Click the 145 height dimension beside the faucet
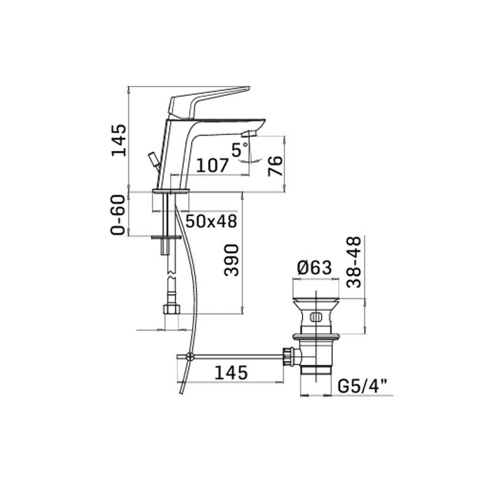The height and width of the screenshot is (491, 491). point(119,141)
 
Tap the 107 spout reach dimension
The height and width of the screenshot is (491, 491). point(212,165)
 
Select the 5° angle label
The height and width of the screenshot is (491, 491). point(239,149)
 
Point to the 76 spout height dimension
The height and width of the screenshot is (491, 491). point(275,166)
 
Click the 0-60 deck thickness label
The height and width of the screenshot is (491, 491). point(118,215)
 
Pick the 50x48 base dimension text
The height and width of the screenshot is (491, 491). point(211,221)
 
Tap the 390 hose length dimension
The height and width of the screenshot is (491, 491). point(231,260)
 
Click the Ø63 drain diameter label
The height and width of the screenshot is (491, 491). point(314,268)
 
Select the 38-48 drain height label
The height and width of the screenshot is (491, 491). point(354,262)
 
